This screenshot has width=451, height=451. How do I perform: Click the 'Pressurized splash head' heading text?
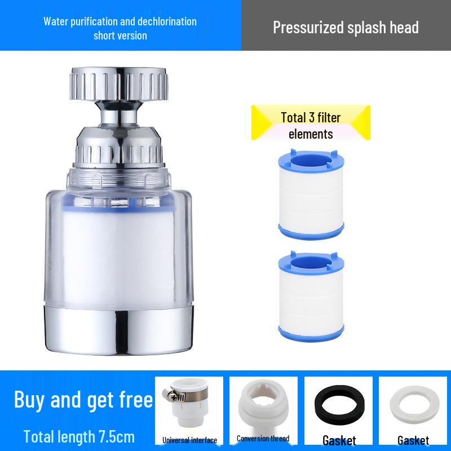click(x=346, y=27)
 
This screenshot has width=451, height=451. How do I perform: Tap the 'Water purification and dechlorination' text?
click(x=120, y=21)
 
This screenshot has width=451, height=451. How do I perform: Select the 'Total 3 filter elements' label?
click(x=311, y=125)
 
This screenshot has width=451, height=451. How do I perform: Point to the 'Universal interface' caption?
click(x=189, y=440)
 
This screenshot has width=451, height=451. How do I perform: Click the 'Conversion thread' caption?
click(x=263, y=439)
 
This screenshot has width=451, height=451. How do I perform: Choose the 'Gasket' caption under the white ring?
click(x=413, y=440)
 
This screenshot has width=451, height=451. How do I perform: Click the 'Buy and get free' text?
click(x=83, y=400)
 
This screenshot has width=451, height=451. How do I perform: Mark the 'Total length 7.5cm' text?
click(x=79, y=436)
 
